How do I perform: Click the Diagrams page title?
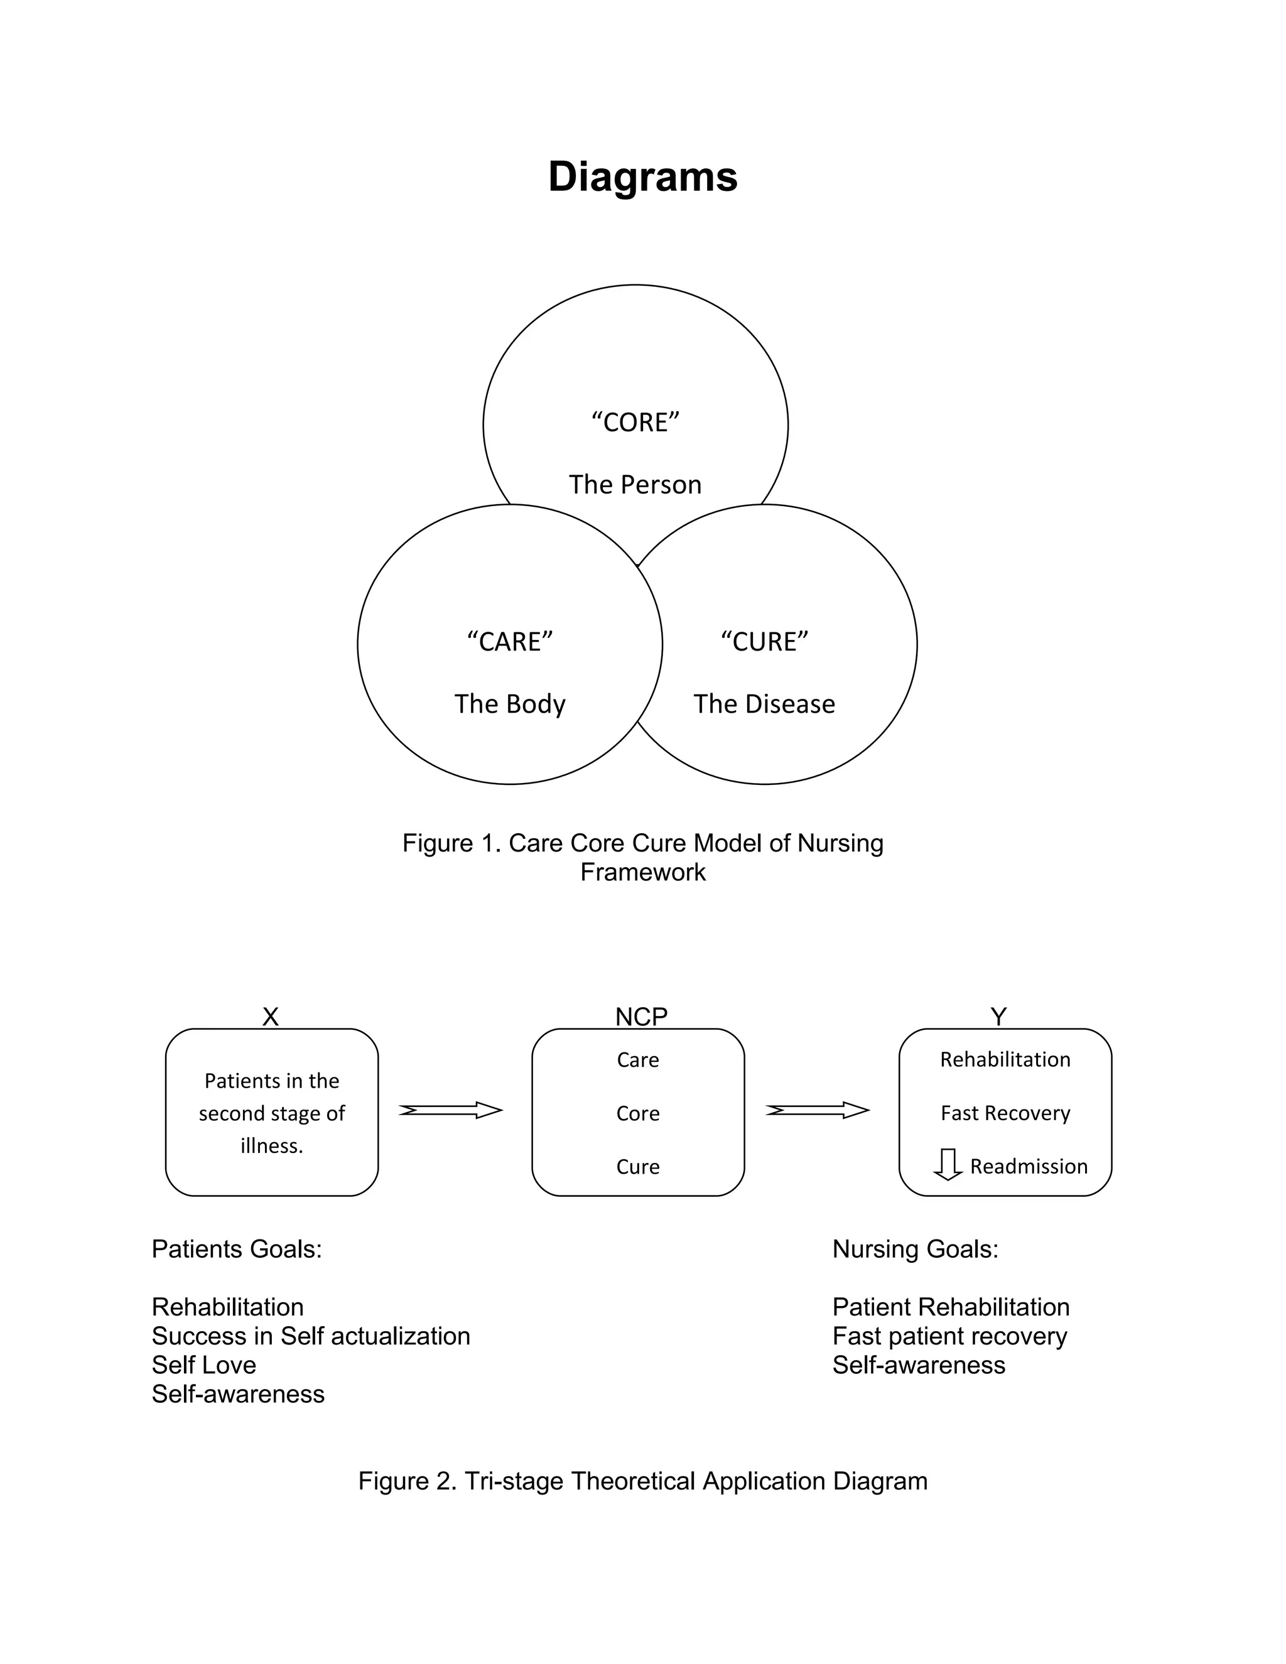(x=642, y=177)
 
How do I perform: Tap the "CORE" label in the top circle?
(x=635, y=422)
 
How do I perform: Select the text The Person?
(x=635, y=485)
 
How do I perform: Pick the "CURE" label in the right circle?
(x=764, y=642)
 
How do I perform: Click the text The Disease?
(x=764, y=704)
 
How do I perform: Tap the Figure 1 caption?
(x=642, y=857)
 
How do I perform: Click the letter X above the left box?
(x=271, y=1017)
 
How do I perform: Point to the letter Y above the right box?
(x=998, y=1017)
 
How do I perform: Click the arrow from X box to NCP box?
(x=450, y=1110)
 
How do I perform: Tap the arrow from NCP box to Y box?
(x=818, y=1110)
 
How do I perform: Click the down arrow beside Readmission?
(x=948, y=1165)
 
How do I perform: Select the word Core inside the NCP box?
(x=638, y=1113)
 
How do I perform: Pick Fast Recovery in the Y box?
(x=1005, y=1113)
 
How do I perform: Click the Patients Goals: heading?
(x=236, y=1249)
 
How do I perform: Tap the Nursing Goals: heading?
(x=915, y=1249)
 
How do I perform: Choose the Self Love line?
(x=203, y=1364)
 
